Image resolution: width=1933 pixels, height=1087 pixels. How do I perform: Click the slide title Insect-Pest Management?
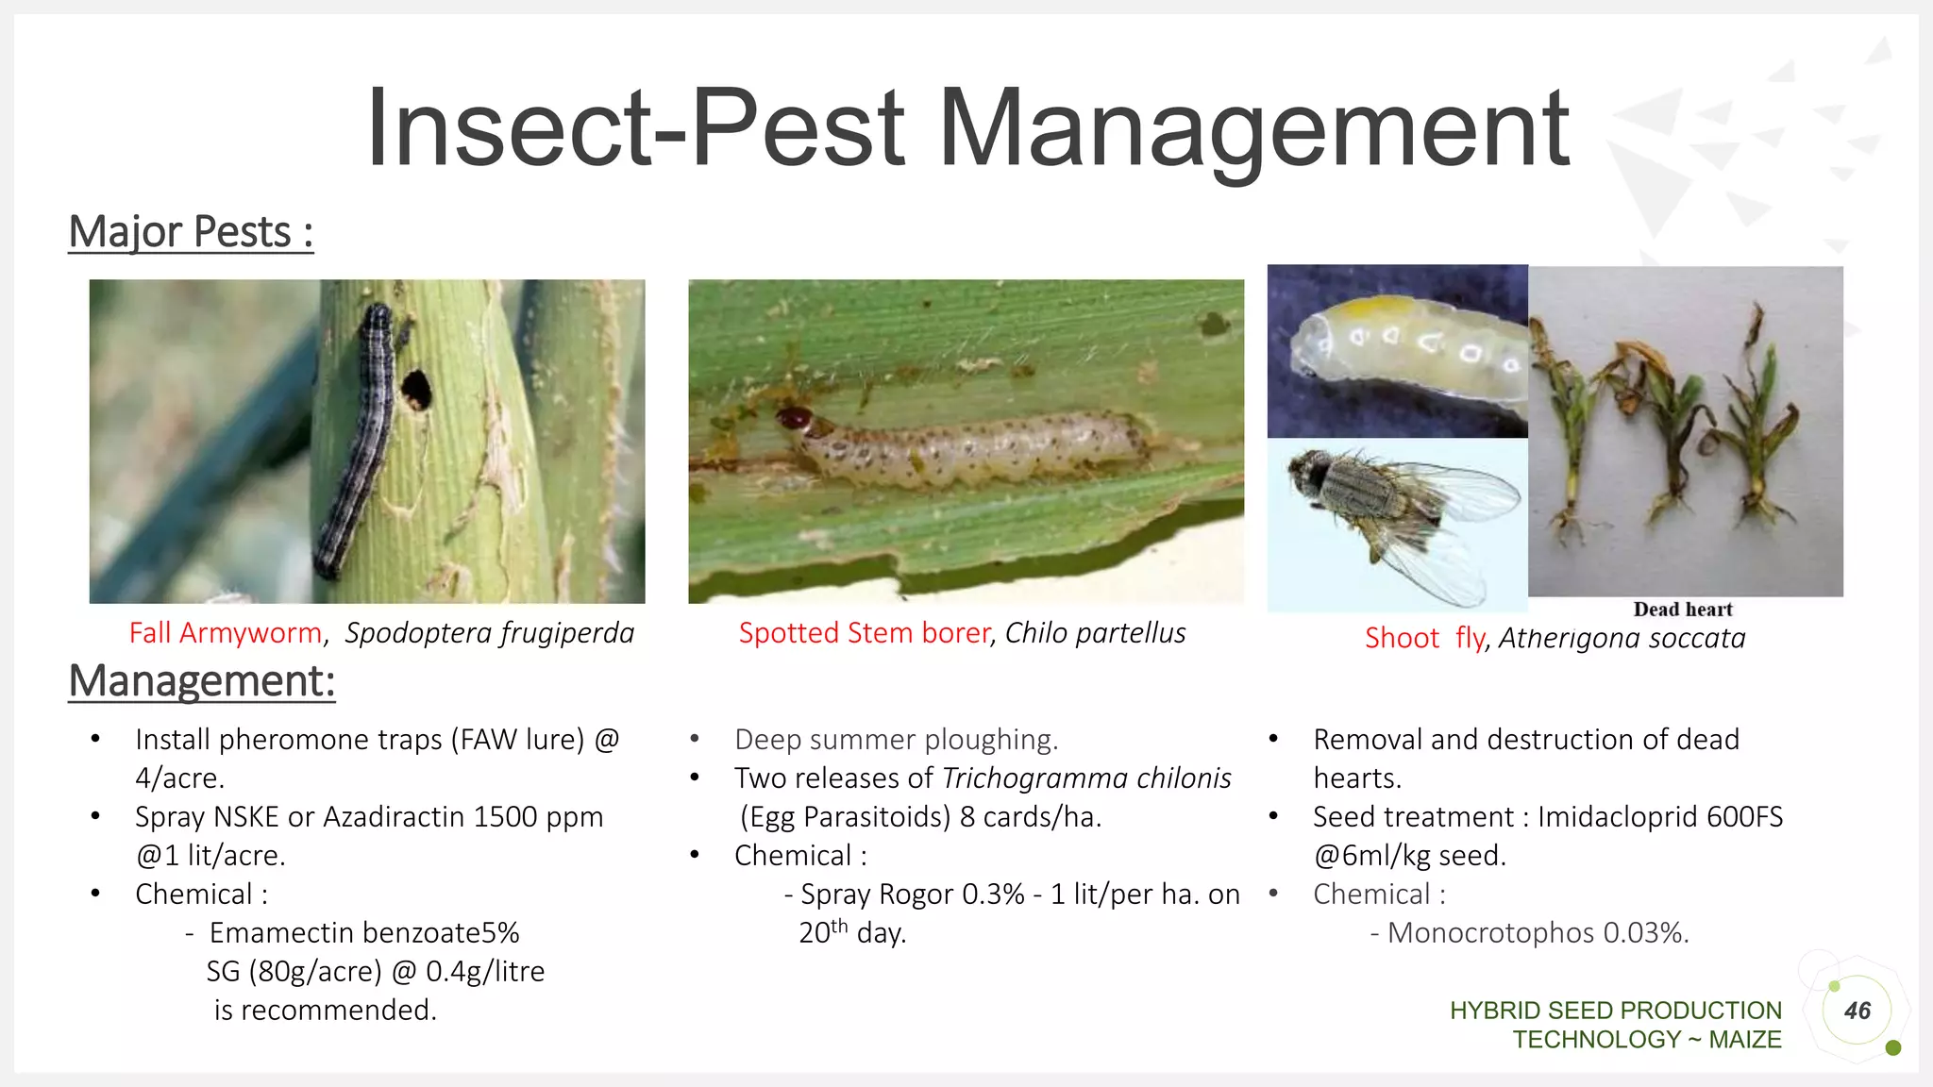pos(967,129)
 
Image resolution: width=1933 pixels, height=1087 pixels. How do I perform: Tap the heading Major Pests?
pos(190,232)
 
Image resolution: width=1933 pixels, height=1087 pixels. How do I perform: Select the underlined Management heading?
pos(201,681)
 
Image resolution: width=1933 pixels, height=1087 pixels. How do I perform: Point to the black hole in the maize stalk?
pos(416,389)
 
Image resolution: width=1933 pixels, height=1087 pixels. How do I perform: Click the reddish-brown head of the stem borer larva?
pos(795,418)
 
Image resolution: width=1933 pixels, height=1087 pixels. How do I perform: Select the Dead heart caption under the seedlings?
pos(1683,610)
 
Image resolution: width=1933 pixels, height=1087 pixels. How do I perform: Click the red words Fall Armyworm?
pos(226,633)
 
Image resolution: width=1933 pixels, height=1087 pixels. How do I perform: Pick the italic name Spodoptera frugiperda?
pos(489,633)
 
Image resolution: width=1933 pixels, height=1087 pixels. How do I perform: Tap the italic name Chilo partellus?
pos(1095,633)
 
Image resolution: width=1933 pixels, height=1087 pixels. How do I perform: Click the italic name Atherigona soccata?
pos(1622,639)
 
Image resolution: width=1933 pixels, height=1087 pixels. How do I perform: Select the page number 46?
pos(1857,1012)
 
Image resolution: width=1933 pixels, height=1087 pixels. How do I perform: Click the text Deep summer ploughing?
pos(896,740)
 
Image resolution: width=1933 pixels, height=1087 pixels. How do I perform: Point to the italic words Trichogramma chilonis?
pos(1086,778)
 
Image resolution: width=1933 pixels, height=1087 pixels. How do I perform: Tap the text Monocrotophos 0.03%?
pos(1538,933)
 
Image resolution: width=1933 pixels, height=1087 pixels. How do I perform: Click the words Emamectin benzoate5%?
pos(364,933)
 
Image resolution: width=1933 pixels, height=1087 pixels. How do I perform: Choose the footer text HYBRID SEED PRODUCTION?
pos(1615,1011)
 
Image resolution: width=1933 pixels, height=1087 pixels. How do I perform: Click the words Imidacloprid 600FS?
pos(1660,817)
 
